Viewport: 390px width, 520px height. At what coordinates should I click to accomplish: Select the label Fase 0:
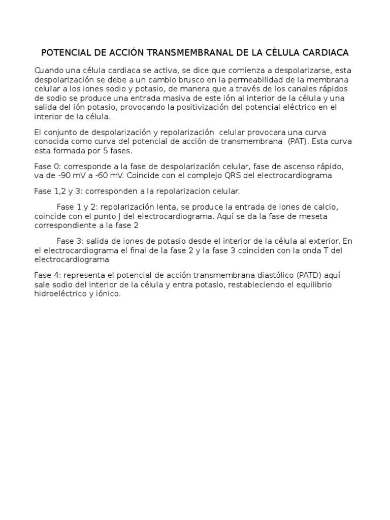tap(48, 166)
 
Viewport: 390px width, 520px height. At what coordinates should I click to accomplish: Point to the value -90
tap(61, 176)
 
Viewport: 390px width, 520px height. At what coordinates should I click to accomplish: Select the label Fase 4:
tap(48, 275)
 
